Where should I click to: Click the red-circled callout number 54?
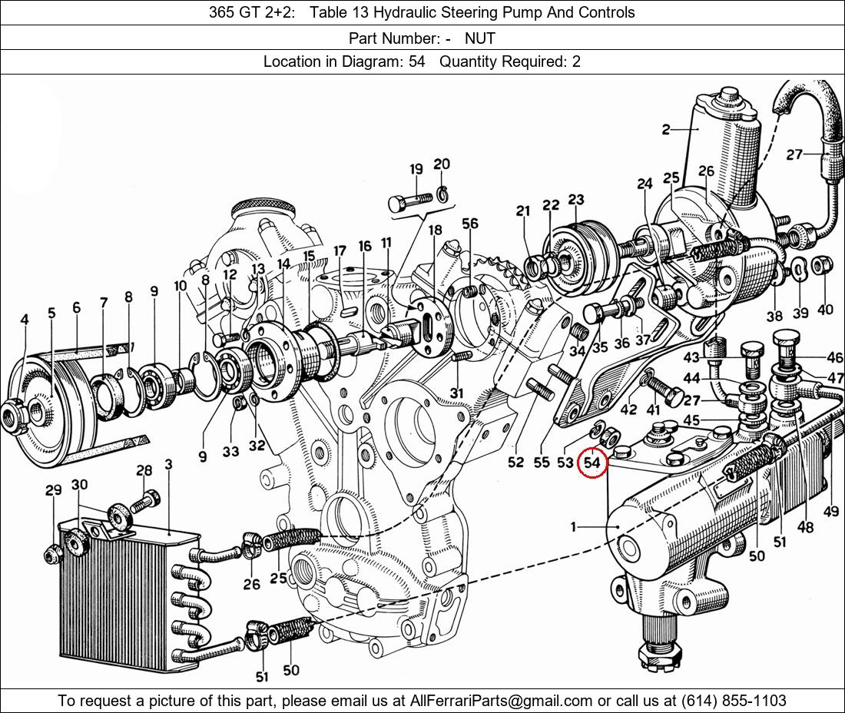coord(592,463)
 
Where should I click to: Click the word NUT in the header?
coord(480,38)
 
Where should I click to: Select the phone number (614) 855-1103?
coord(734,701)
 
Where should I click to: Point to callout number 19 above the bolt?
coord(416,170)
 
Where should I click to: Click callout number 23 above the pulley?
coord(576,200)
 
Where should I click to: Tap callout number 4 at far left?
coord(25,319)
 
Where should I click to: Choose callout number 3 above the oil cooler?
coord(168,465)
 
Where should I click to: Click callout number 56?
coord(469,224)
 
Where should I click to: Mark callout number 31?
coord(457,393)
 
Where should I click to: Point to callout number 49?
coord(830,511)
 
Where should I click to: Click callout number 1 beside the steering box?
coord(573,526)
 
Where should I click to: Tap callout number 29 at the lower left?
coord(53,490)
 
